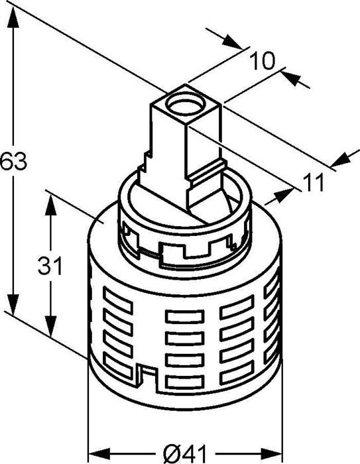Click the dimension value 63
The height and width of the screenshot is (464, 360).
coord(13,161)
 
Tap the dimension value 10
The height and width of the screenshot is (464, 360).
coord(263,61)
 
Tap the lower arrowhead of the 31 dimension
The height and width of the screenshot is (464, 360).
coord(50,332)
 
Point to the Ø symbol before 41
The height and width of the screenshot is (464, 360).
coord(170,453)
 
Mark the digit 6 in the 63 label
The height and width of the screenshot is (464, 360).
coord(6,161)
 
